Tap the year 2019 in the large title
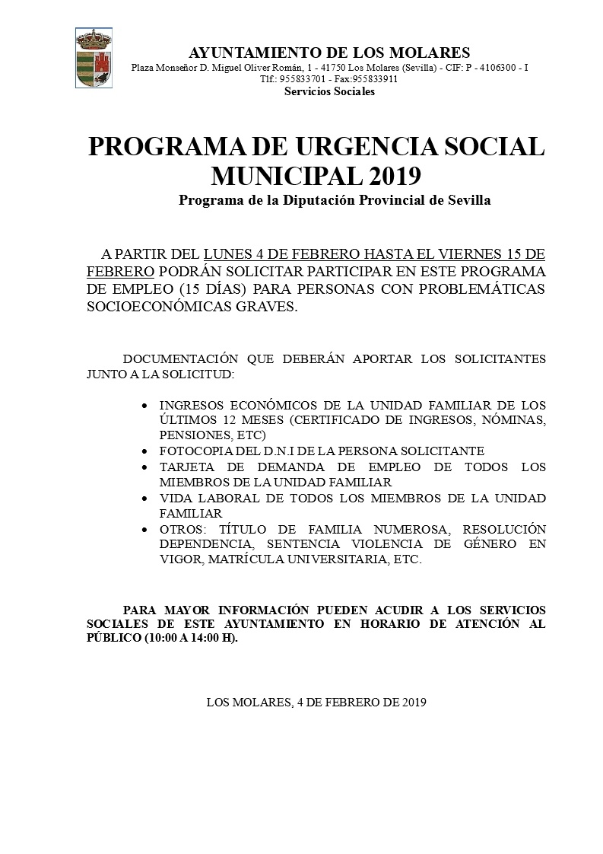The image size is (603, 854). pos(395,176)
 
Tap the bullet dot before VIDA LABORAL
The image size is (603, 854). pos(145,499)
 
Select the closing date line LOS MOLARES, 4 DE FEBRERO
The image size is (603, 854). pos(316,703)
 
